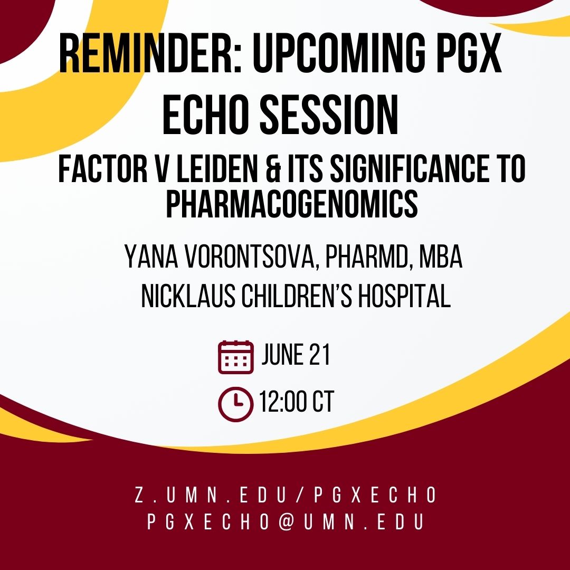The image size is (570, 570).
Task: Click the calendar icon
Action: click(x=235, y=357)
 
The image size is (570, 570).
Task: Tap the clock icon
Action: click(x=235, y=405)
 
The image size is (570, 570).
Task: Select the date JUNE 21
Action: click(x=296, y=356)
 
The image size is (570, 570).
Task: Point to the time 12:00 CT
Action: click(x=296, y=403)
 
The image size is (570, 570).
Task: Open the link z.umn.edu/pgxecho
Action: click(x=286, y=496)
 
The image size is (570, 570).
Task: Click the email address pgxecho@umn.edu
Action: click(x=286, y=521)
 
